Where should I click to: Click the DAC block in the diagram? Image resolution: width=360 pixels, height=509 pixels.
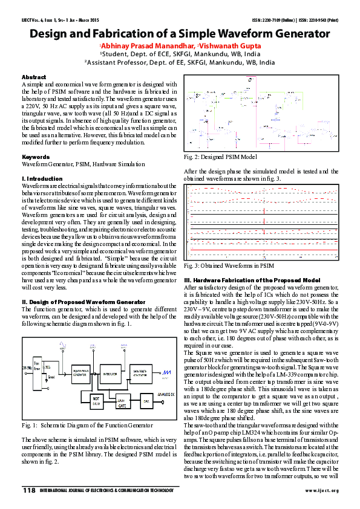[145, 401]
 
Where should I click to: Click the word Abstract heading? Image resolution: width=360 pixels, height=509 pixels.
[34, 77]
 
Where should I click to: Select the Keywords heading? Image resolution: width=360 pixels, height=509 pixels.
[36, 157]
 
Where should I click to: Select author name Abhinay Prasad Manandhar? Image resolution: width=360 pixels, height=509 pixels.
[148, 45]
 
